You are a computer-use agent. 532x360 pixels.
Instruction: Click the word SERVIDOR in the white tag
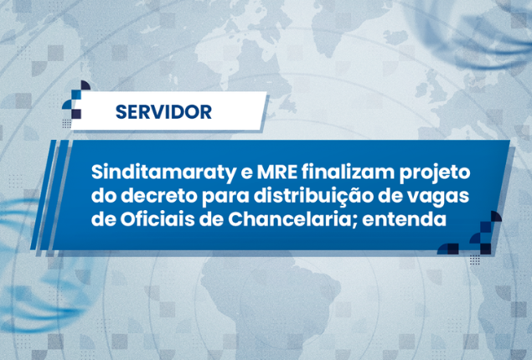point(163,112)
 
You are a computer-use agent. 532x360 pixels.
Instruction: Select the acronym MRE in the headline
point(276,172)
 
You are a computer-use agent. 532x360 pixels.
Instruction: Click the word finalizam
point(349,172)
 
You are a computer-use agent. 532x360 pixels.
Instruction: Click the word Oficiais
point(157,219)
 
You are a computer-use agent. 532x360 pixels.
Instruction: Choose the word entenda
point(404,219)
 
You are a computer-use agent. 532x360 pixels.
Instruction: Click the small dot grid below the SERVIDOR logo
point(67,124)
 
